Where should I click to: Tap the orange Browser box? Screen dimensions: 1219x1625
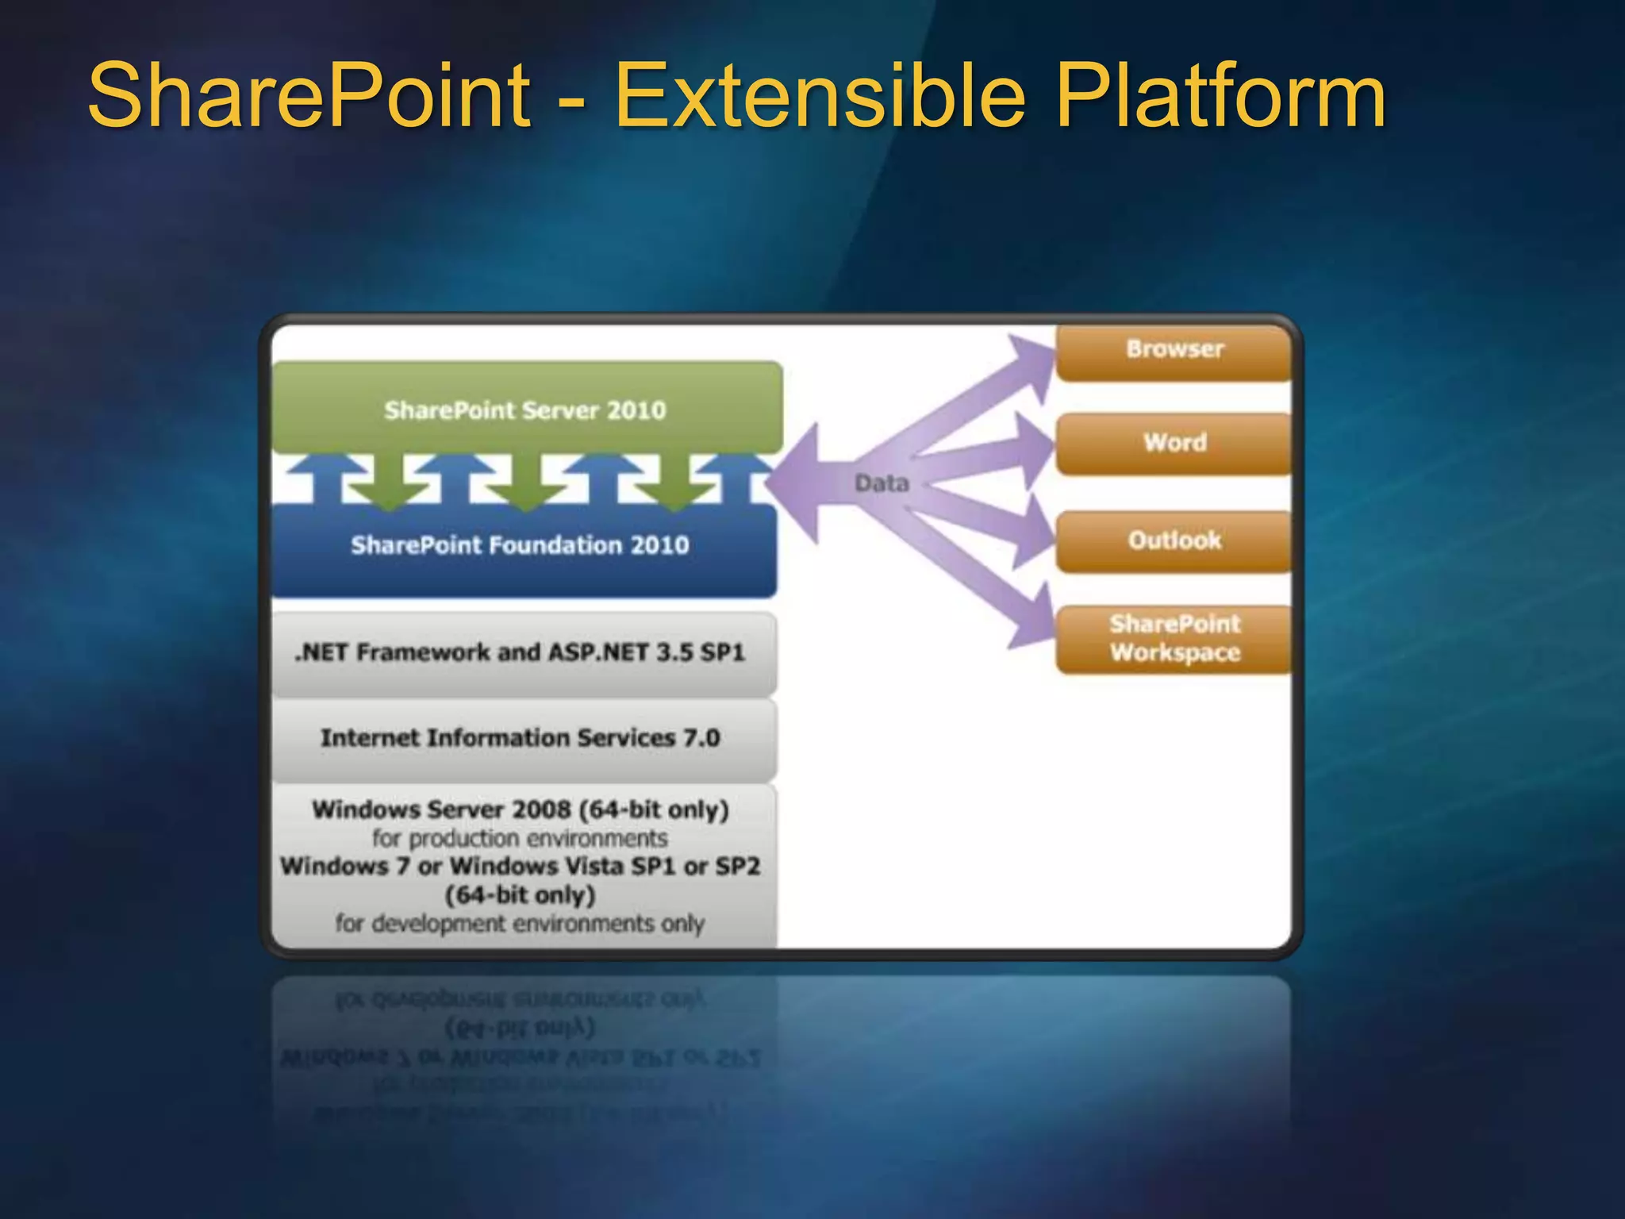[x=1174, y=350]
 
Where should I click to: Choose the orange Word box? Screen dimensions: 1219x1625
[x=1174, y=443]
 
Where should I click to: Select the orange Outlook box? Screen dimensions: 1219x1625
[x=1174, y=540]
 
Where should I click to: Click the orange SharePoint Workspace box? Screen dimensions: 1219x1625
[x=1174, y=638]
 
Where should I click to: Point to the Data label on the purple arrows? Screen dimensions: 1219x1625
[x=882, y=483]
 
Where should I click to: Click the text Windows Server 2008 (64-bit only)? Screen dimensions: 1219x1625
[x=521, y=809]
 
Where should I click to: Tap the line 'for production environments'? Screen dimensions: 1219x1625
[x=521, y=839]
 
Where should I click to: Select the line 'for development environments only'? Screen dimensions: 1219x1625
[x=521, y=924]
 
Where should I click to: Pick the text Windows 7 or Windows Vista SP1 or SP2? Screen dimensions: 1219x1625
[x=521, y=866]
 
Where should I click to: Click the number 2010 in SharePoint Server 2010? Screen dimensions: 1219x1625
[x=636, y=410]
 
